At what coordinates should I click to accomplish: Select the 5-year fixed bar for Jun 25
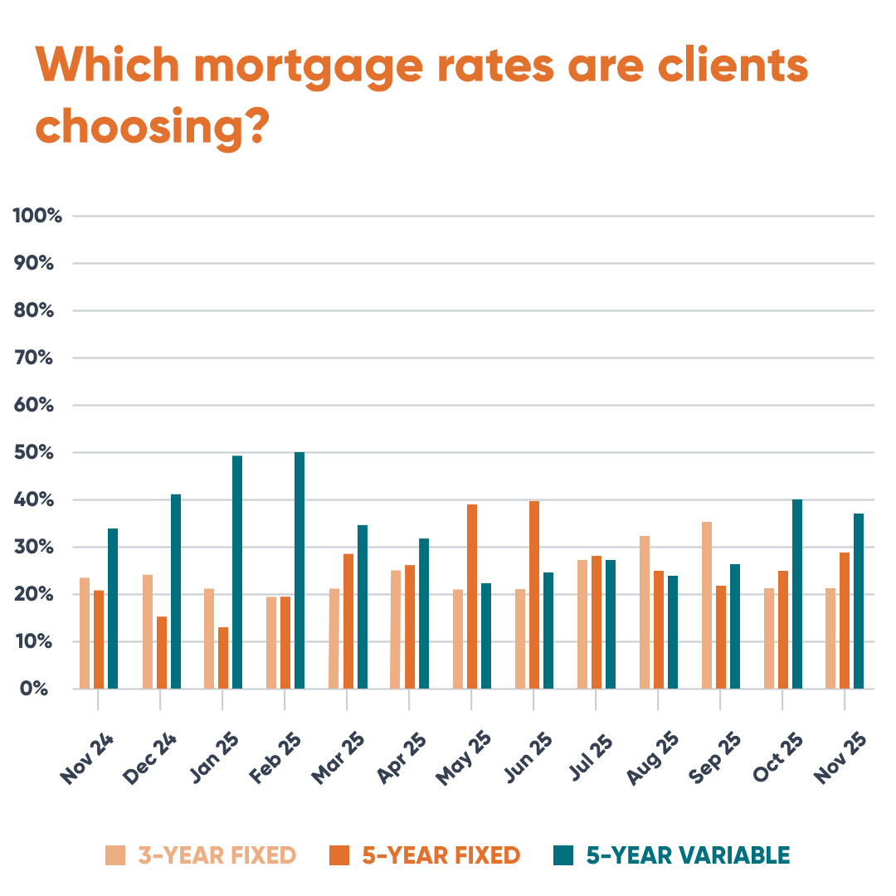point(534,595)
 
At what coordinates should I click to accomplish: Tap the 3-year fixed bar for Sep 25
point(707,606)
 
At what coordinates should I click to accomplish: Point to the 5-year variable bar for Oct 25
point(797,594)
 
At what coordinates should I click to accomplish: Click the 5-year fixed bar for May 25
point(472,597)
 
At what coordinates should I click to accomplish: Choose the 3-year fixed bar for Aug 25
point(645,612)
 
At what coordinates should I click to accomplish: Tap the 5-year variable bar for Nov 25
point(859,601)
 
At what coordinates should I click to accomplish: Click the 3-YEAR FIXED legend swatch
point(115,855)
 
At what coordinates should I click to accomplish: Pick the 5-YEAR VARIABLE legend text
point(688,855)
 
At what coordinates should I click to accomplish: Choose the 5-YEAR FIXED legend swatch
point(339,855)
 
